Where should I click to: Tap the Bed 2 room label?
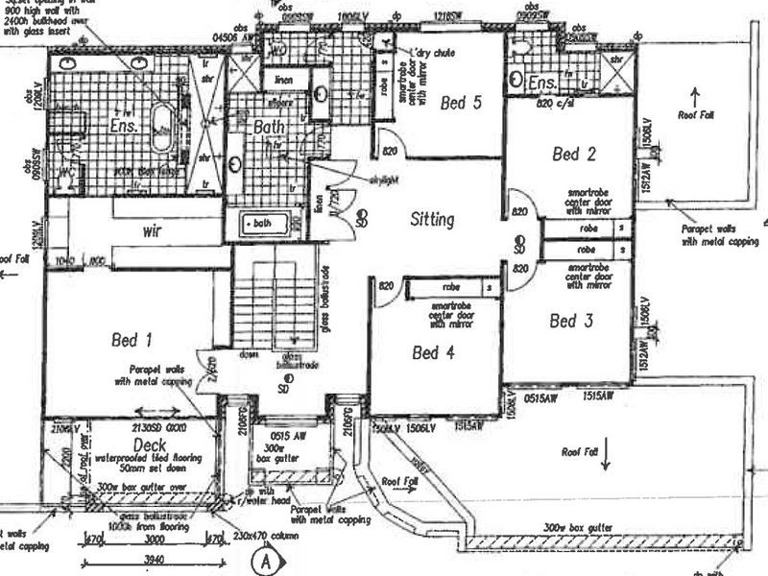[x=575, y=153]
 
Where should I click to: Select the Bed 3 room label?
[x=570, y=322]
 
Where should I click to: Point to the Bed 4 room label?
[x=432, y=352]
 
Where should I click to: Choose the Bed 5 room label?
[x=461, y=103]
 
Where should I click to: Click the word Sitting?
[x=431, y=219]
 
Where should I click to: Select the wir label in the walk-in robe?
[x=151, y=231]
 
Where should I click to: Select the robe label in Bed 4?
[x=451, y=286]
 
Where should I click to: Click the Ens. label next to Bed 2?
[x=543, y=85]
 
